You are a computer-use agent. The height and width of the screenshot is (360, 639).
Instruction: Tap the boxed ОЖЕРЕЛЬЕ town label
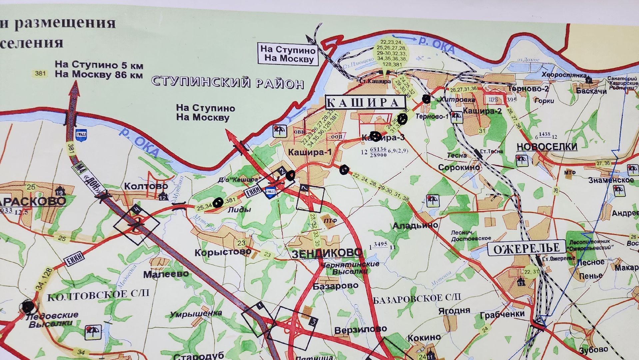pos(526,248)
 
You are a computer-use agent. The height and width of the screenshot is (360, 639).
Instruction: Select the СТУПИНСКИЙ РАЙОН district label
pos(228,82)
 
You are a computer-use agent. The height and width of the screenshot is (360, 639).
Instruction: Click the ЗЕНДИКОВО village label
pos(326,253)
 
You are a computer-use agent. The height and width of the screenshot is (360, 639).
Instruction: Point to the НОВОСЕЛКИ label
pos(547,147)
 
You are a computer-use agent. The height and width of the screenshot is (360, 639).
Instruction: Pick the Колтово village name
pos(146,186)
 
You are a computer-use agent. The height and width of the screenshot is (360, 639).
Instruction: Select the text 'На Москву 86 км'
pos(99,75)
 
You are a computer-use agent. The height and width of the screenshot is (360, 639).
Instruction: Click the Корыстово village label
pos(223,252)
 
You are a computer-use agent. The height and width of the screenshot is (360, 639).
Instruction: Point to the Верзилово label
pos(360,330)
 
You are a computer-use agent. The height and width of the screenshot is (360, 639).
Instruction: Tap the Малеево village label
pos(166,274)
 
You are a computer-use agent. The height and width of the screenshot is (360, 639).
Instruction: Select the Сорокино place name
pos(459,167)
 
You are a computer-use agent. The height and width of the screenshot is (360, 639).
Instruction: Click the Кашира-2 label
pos(482,111)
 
